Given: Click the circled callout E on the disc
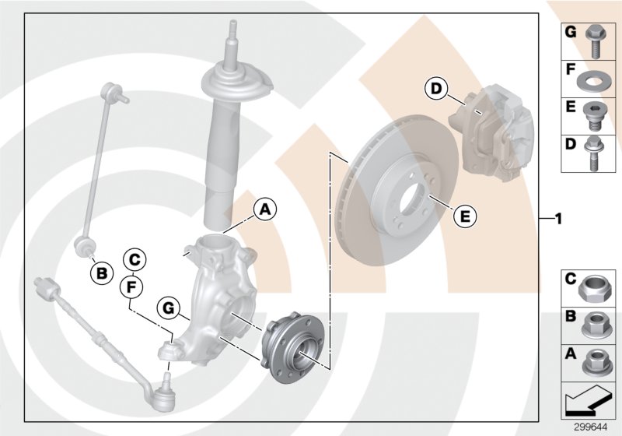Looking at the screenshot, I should [464, 216].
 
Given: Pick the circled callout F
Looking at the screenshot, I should [134, 287].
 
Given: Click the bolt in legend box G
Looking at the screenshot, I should [594, 40].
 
